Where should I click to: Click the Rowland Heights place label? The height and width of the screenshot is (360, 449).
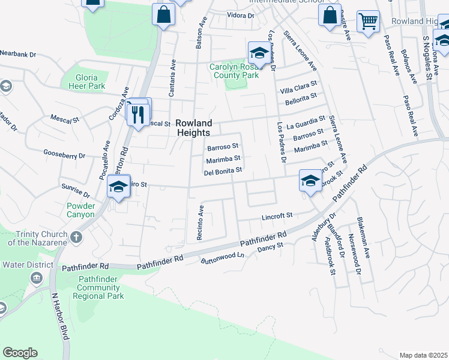(x=193, y=127)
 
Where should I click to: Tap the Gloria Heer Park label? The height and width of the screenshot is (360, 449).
(x=91, y=82)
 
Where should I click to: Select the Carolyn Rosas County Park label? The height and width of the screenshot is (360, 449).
(x=234, y=71)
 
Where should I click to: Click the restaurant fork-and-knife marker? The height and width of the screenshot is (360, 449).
(x=139, y=113)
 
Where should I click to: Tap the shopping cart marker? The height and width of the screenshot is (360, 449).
(x=368, y=22)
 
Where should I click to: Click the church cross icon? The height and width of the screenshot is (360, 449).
(x=76, y=236)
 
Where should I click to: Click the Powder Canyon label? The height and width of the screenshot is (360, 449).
(x=77, y=210)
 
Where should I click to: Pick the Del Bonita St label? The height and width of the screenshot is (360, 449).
(x=223, y=171)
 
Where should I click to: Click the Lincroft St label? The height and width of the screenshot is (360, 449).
(x=277, y=215)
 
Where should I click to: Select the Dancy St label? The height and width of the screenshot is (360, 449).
(x=270, y=247)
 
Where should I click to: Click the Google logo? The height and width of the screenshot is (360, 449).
(x=20, y=353)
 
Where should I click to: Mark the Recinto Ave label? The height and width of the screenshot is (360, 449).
(x=202, y=223)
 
